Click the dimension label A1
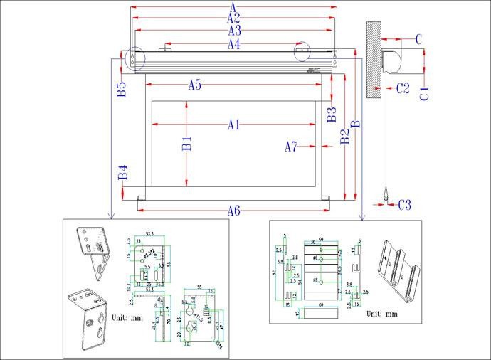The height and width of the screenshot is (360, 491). tap(233, 125)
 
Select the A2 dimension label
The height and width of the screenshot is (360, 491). tap(233, 18)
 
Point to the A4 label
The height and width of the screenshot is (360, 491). tap(233, 44)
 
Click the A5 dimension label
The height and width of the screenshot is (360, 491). tap(194, 85)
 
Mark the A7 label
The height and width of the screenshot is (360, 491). tap(291, 147)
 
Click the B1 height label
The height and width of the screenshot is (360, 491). tap(186, 143)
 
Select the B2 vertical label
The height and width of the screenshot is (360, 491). tap(344, 137)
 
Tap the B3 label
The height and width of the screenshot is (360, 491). tap(331, 115)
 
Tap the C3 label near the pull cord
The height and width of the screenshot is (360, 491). tap(404, 205)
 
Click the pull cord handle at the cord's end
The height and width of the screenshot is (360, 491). tap(385, 198)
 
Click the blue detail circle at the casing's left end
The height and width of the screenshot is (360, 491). tap(133, 58)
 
